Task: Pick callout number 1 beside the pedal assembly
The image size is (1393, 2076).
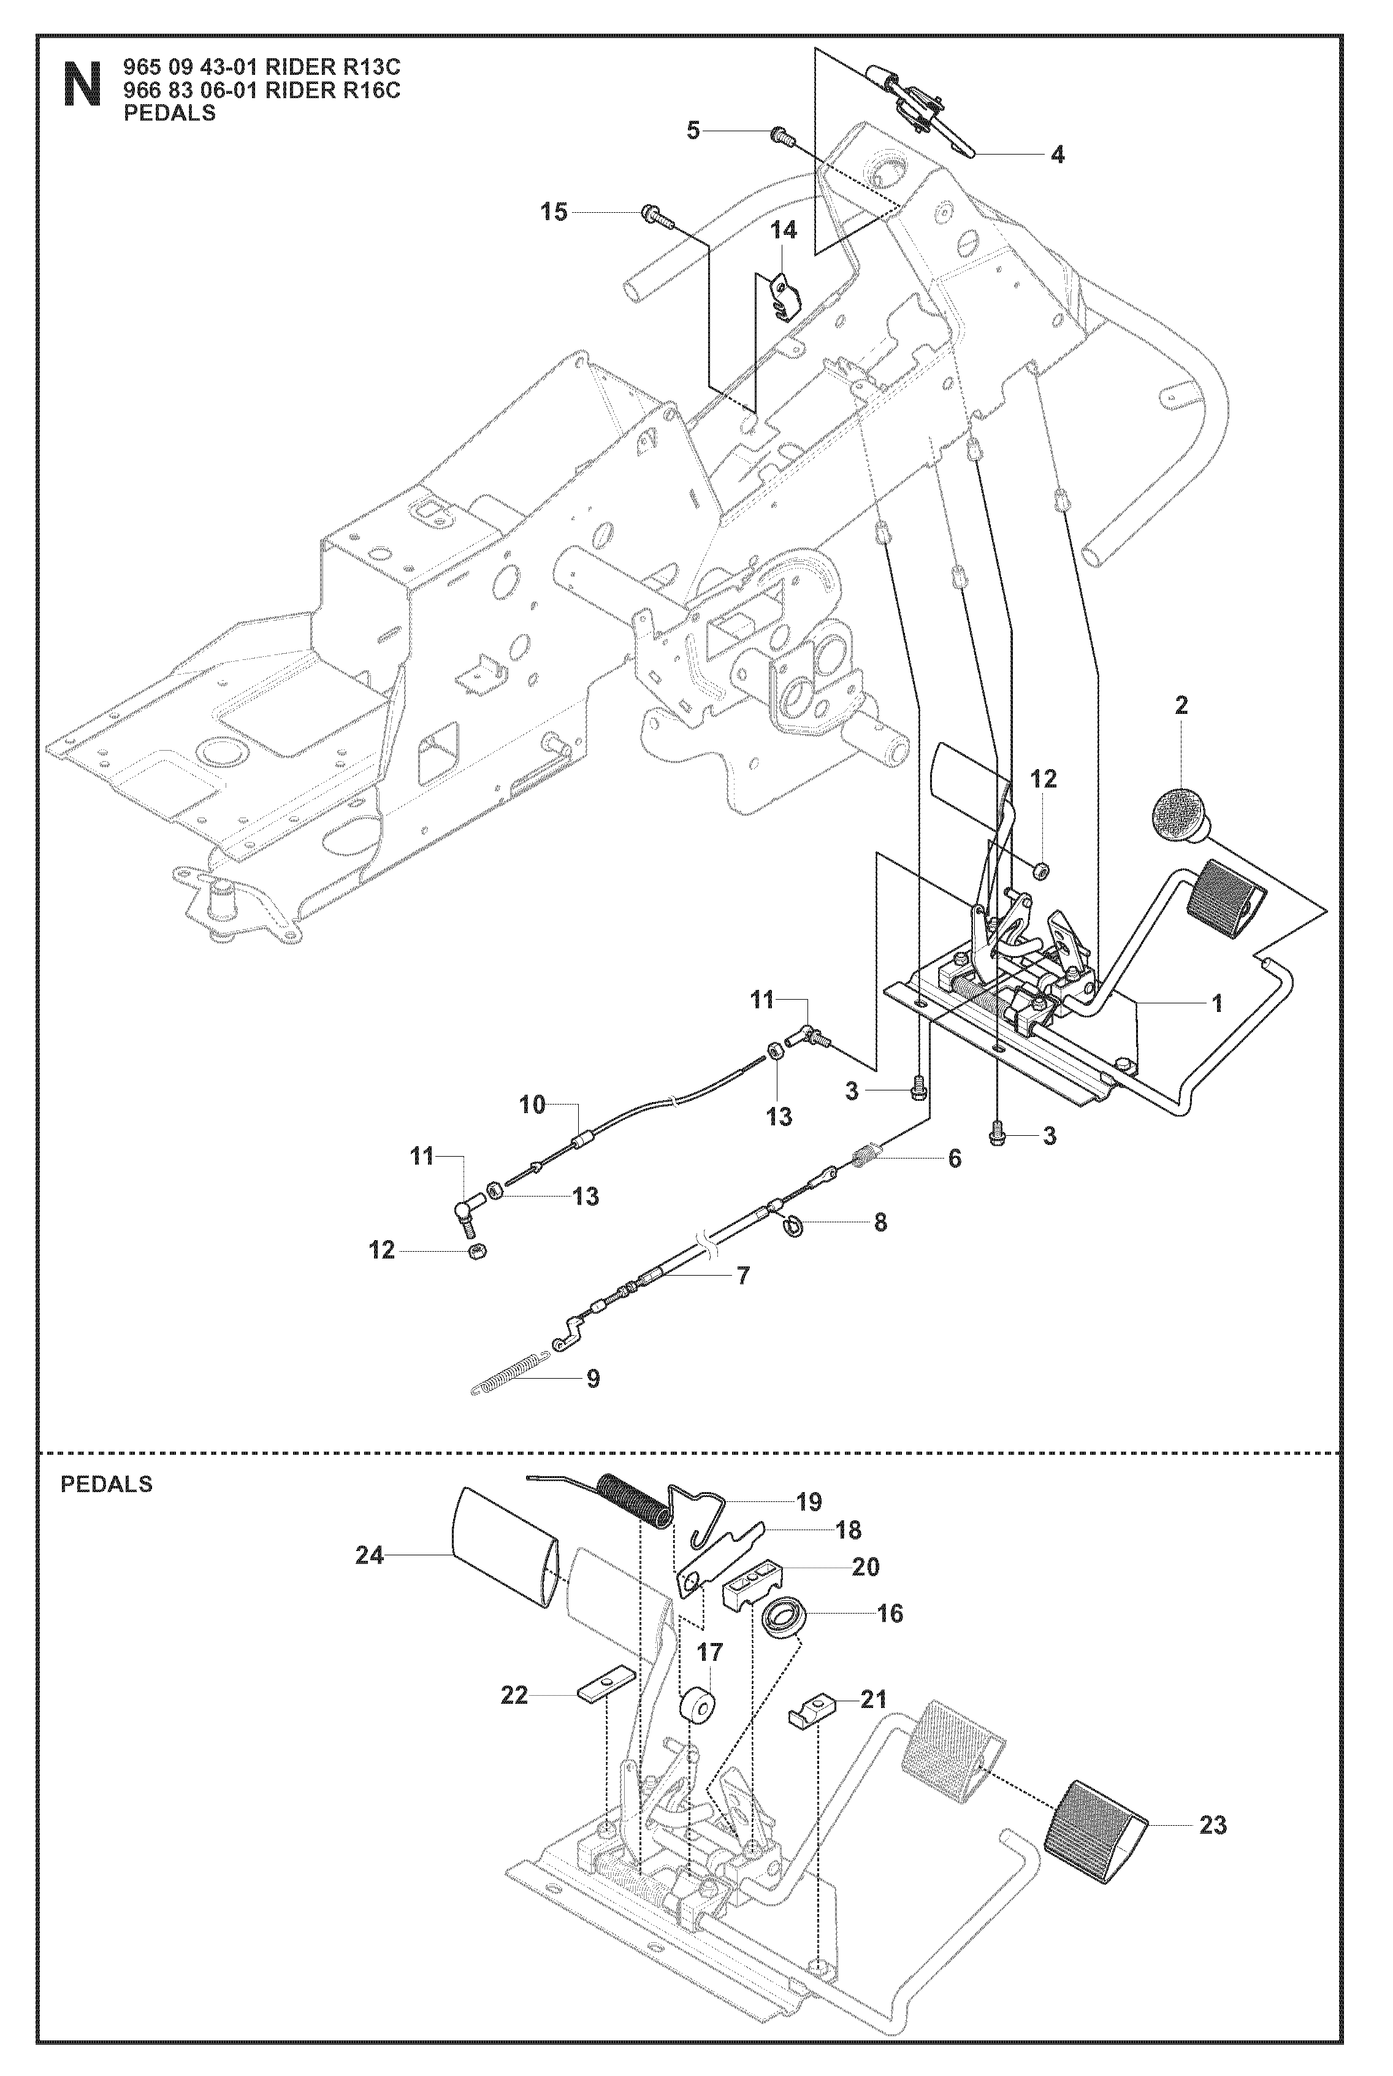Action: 1217,1004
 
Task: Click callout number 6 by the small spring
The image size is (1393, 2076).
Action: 954,1159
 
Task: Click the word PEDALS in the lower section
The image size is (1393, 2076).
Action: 107,1484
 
